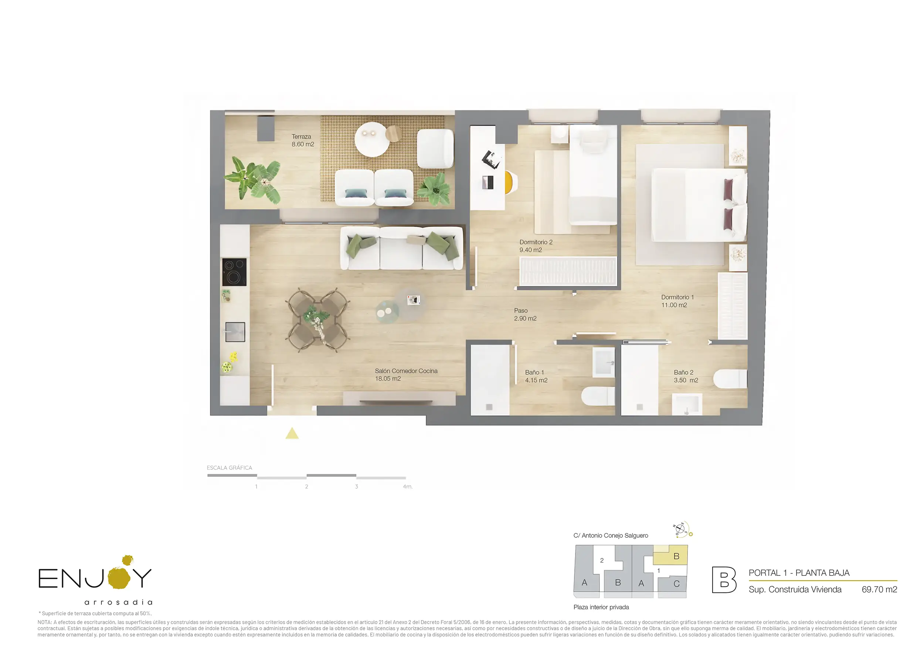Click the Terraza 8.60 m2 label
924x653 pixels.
[x=303, y=140]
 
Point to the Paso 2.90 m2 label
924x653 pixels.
[x=525, y=314]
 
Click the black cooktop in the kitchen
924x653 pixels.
[x=234, y=272]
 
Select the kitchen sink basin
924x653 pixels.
[x=235, y=332]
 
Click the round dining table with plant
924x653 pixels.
[x=317, y=319]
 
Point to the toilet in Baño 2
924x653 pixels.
[x=730, y=379]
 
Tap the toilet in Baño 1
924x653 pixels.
[x=598, y=396]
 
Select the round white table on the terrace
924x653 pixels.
[x=372, y=139]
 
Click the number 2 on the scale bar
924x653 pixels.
[x=306, y=486]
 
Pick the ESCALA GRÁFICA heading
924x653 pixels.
[x=230, y=468]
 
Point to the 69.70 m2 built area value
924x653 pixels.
[x=879, y=589]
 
